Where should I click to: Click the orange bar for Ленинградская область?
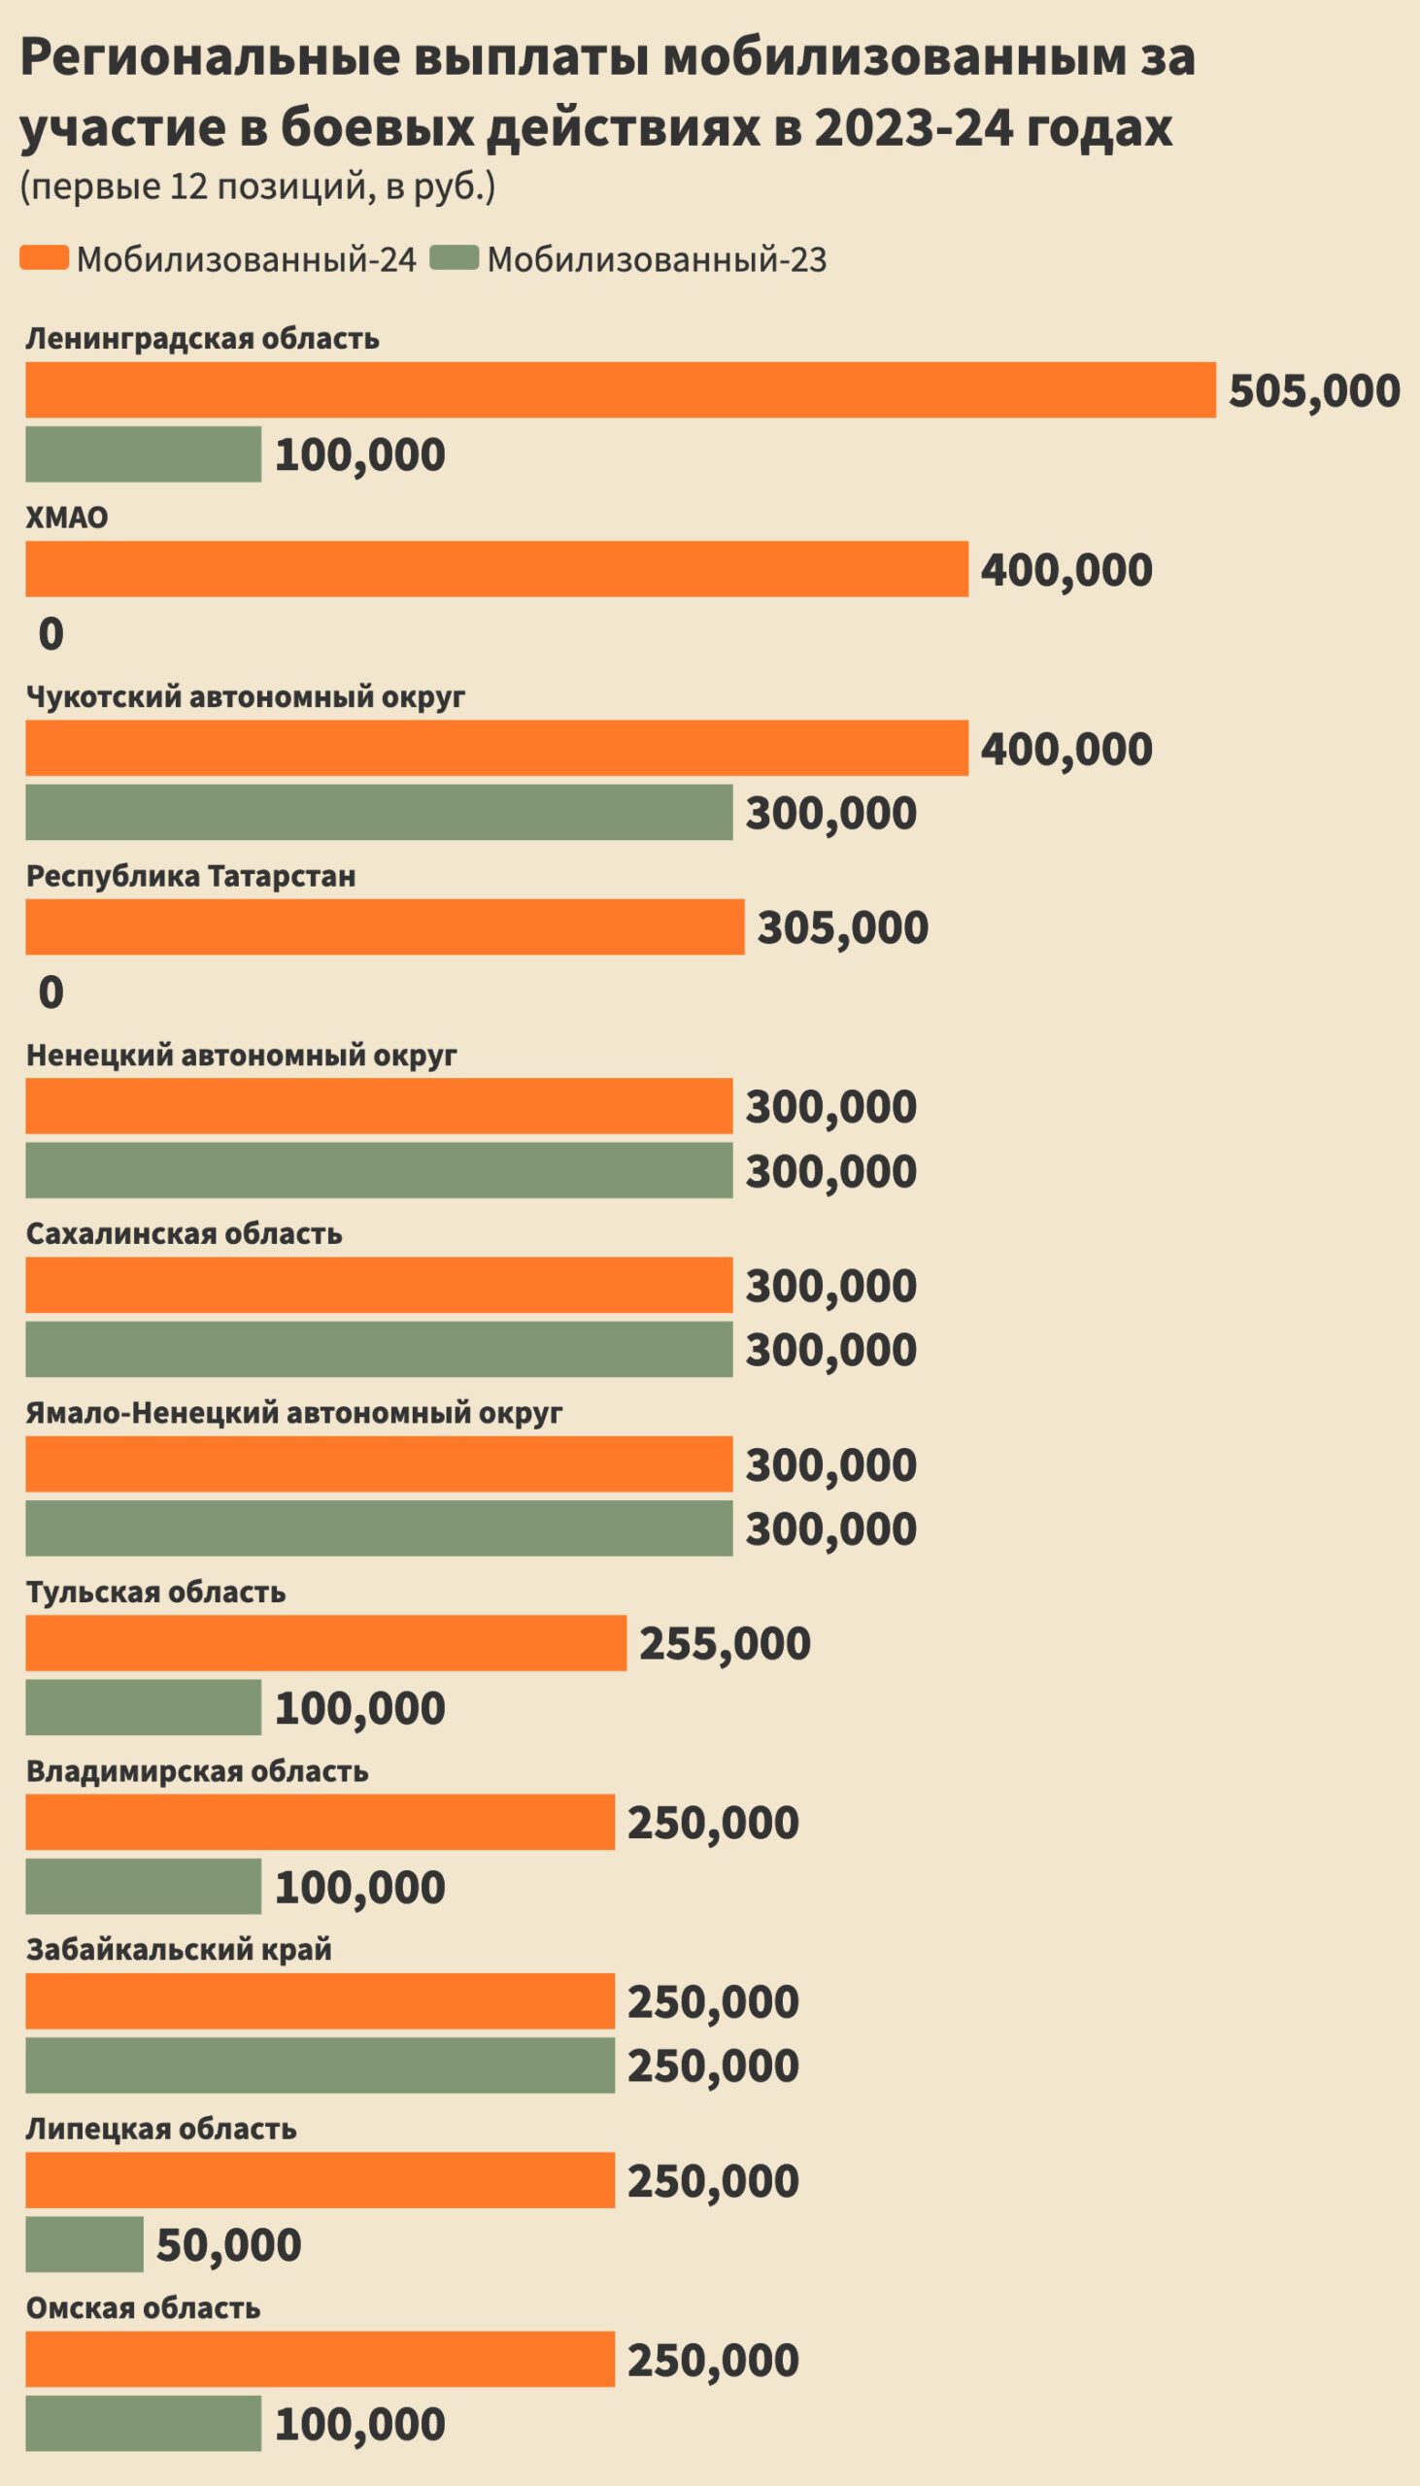coord(621,390)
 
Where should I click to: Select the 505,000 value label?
coord(1314,391)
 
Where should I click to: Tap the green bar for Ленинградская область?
coord(144,454)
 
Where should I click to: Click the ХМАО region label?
coord(66,517)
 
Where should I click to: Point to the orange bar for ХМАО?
coord(496,569)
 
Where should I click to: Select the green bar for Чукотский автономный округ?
coord(379,812)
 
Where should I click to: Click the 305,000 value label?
coord(843,927)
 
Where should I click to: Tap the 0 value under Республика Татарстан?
coord(51,992)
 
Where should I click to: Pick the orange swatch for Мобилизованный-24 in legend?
coord(44,258)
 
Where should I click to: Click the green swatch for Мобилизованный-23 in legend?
coord(454,258)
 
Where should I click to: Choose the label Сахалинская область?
coord(184,1233)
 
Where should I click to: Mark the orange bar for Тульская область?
coord(325,1643)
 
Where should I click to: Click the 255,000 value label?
coord(725,1644)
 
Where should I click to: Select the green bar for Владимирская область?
coord(144,1887)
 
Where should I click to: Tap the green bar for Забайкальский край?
coord(320,2065)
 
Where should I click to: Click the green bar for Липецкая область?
coord(84,2244)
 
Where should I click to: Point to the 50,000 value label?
coord(228,2245)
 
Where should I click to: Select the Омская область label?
coord(143,2308)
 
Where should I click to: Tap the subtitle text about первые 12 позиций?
coord(257,186)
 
